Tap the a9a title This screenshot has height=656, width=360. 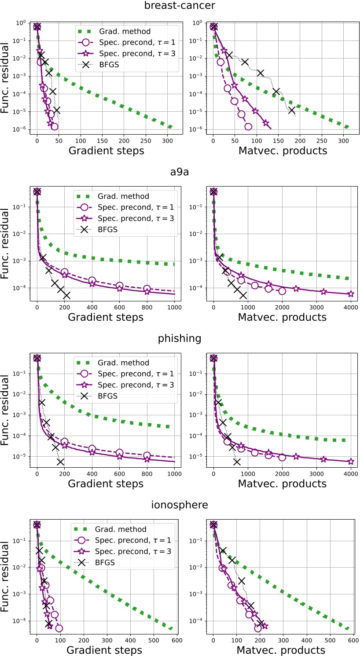pyautogui.click(x=180, y=173)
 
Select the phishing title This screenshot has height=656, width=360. pyautogui.click(x=180, y=339)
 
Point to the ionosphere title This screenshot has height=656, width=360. pyautogui.click(x=180, y=505)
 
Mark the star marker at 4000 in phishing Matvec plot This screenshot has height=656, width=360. pyautogui.click(x=351, y=462)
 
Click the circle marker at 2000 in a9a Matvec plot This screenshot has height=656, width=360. pyautogui.click(x=282, y=291)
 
